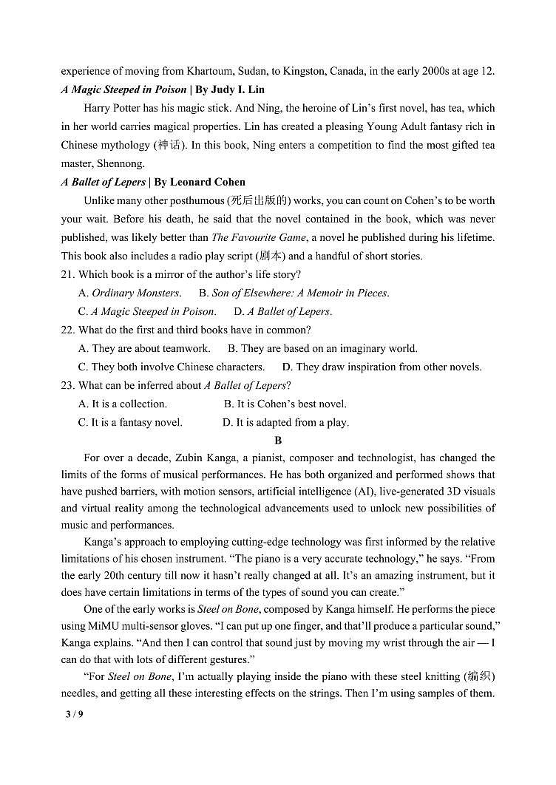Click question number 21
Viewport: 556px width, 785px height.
click(68, 274)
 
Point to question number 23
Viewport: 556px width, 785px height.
click(68, 385)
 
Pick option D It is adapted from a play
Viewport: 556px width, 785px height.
click(285, 422)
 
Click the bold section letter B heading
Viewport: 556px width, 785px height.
click(278, 440)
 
